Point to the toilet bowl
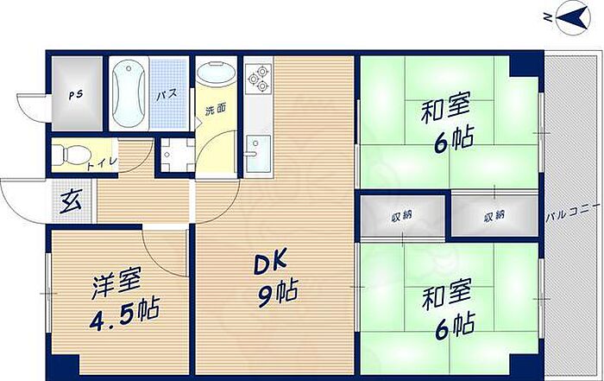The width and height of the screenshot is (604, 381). [x=66, y=156]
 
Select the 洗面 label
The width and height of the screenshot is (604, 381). [x=216, y=110]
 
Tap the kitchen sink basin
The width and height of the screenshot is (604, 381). [x=256, y=156]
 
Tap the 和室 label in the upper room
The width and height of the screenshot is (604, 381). [x=446, y=111]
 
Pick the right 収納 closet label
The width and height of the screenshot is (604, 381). [x=494, y=215]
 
